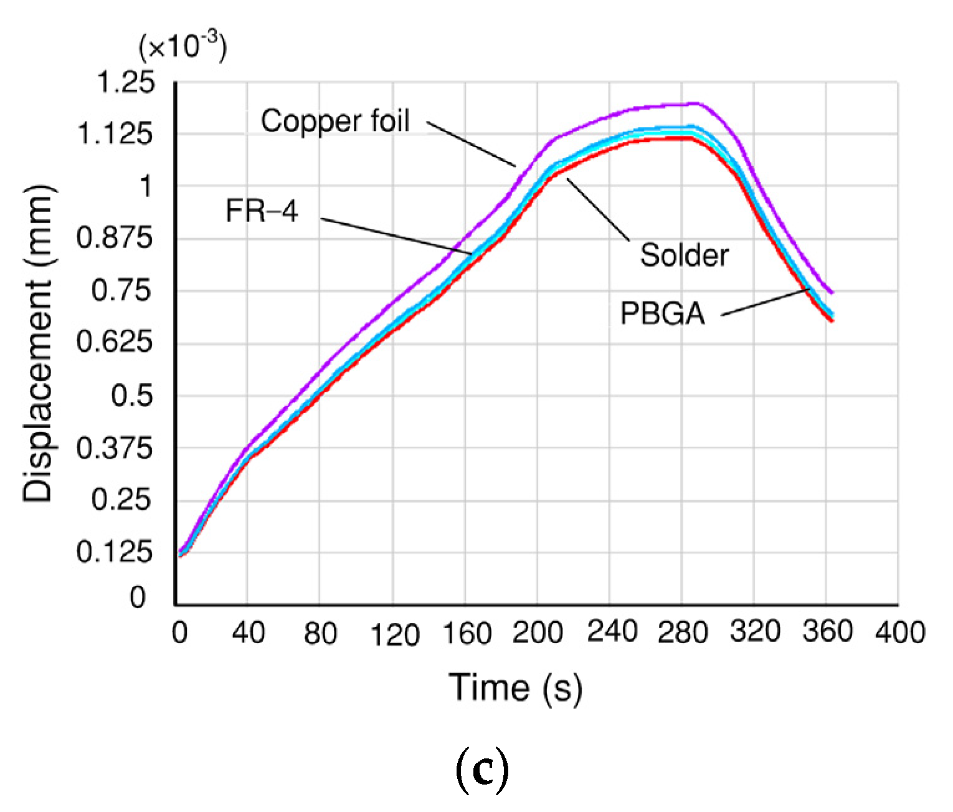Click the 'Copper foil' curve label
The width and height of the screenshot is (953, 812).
pos(335,122)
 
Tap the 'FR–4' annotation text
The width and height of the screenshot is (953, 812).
pos(262,211)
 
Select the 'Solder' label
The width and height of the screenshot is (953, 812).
pos(684,256)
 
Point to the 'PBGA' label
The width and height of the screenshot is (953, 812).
pos(662,313)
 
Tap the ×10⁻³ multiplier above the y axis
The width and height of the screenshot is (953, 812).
pos(183,48)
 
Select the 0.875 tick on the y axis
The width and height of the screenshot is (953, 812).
pos(114,238)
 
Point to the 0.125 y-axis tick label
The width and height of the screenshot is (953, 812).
pos(114,552)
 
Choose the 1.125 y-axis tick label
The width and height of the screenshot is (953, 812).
pos(114,134)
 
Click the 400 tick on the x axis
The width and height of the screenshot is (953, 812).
pos(900,633)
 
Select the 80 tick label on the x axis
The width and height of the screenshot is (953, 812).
pos(320,634)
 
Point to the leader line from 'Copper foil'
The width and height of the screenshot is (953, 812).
pos(472,143)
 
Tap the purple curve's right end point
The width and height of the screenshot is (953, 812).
pos(832,292)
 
